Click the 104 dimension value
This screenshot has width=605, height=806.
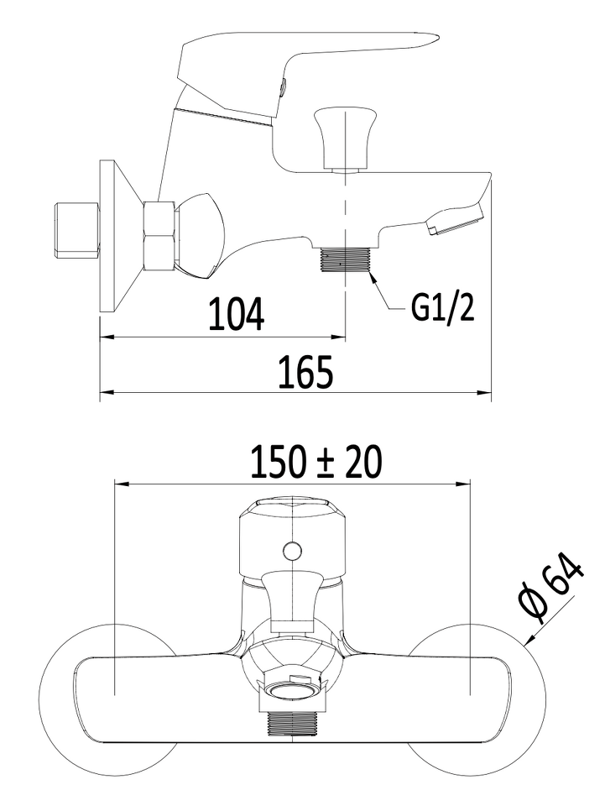tap(237, 313)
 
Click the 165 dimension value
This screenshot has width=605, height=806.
tap(306, 371)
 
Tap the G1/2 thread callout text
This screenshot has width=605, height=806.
tap(443, 308)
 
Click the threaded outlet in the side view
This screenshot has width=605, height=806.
tap(345, 259)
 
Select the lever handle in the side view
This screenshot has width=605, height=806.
tap(307, 61)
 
